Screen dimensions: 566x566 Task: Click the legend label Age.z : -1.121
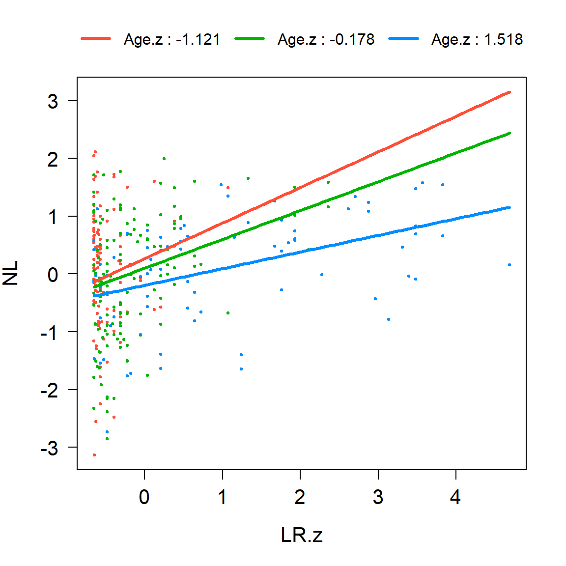click(172, 39)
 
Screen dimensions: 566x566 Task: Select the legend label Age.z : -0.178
click(326, 39)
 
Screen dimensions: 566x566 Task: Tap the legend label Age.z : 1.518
click(477, 39)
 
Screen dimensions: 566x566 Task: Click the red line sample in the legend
click(96, 39)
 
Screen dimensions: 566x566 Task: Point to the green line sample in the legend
click(250, 39)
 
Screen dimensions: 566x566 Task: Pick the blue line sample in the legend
click(403, 39)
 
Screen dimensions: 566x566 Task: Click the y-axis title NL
click(11, 273)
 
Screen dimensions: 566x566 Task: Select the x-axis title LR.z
click(302, 535)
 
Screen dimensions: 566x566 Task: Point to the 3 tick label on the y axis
click(53, 102)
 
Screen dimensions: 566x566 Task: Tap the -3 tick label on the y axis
click(49, 448)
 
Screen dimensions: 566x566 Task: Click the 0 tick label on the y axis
click(53, 275)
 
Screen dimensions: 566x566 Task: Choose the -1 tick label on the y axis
click(49, 333)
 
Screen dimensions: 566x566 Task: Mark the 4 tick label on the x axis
click(455, 497)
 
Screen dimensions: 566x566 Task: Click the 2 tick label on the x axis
click(300, 497)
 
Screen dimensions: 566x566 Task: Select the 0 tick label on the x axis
click(144, 497)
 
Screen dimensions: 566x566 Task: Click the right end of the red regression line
click(509, 92)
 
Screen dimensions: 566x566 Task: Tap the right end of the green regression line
click(509, 133)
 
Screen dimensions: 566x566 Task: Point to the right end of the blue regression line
click(509, 207)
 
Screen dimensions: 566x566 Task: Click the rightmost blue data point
click(509, 265)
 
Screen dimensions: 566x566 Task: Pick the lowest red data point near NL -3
click(94, 455)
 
